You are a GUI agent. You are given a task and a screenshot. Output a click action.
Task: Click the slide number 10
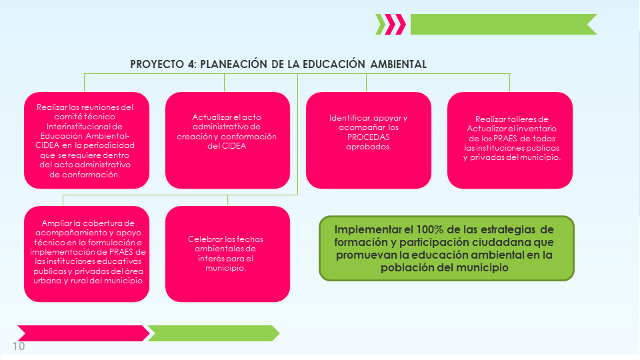[x=19, y=346]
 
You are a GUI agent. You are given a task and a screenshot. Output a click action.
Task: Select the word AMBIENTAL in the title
[x=399, y=64]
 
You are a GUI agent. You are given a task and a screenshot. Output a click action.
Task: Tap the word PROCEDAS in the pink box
[x=368, y=137]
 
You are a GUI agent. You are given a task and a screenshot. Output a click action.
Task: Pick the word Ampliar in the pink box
[x=57, y=223]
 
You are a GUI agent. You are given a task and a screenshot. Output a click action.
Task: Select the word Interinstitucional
[x=85, y=127]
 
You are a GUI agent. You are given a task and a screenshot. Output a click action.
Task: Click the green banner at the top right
[x=504, y=24]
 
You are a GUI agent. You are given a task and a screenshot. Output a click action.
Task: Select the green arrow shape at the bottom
[x=213, y=333]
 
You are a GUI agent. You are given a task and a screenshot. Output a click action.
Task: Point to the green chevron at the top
[x=381, y=24]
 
